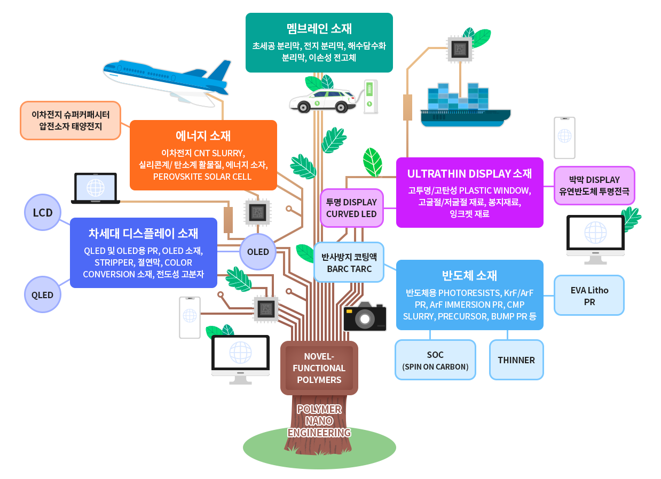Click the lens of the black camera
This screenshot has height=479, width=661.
pos(365,320)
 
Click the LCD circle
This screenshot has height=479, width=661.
pos(43,212)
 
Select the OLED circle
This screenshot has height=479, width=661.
pos(258,251)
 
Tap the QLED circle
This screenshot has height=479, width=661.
pos(42,294)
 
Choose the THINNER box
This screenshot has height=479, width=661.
pos(516,360)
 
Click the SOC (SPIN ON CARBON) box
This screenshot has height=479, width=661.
pos(435,360)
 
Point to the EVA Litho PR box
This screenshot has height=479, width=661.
pos(589,296)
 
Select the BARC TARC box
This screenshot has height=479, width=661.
pos(349,262)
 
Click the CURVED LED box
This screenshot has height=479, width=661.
pos(351,208)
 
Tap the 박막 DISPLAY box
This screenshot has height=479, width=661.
pos(594,185)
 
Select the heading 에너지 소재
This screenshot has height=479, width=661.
pos(203,135)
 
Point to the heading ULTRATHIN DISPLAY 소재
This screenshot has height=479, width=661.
pos(469,173)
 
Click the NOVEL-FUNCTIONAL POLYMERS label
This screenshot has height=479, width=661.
pos(319,368)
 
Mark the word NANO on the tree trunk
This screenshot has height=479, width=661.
pos(319,421)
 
